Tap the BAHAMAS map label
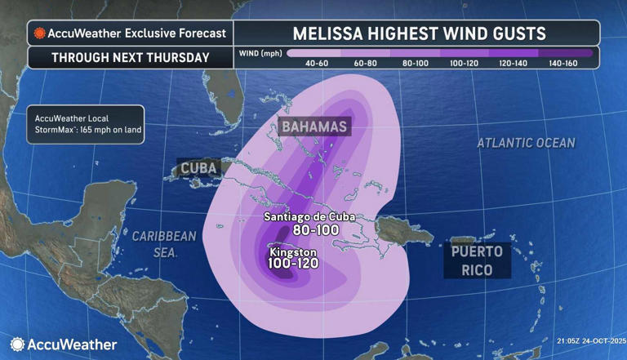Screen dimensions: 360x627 pyautogui.click(x=315, y=127)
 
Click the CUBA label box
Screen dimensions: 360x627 pyautogui.click(x=198, y=168)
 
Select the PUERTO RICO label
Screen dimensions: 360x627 pyautogui.click(x=478, y=259)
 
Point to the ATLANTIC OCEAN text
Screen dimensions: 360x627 pyautogui.click(x=527, y=143)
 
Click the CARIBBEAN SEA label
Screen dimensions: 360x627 pyautogui.click(x=164, y=244)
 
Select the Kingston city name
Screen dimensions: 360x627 pyautogui.click(x=292, y=251)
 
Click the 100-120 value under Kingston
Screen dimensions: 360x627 pyautogui.click(x=294, y=264)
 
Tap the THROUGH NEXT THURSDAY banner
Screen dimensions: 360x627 pyautogui.click(x=131, y=58)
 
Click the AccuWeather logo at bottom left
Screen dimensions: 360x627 pyautogui.click(x=64, y=344)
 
